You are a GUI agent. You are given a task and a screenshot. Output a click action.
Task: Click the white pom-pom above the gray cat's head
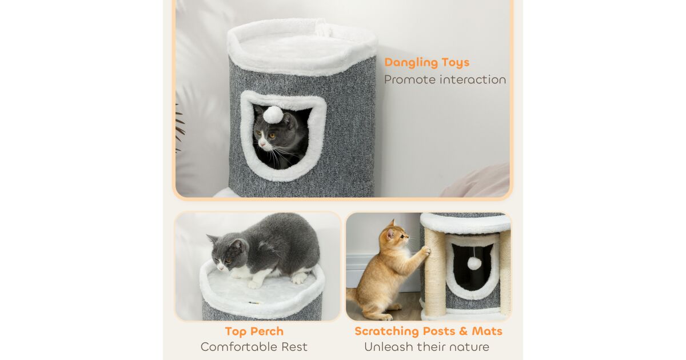(x=273, y=115)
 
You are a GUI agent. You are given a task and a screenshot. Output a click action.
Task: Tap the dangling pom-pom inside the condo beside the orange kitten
(x=474, y=263)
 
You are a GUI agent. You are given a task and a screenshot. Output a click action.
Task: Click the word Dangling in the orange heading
(x=406, y=62)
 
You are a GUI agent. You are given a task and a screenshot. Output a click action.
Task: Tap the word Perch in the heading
(x=267, y=331)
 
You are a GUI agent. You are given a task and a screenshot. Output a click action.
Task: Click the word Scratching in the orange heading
(x=387, y=331)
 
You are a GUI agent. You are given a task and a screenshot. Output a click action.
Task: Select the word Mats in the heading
(x=487, y=331)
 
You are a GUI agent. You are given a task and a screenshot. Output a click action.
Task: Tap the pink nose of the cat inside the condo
(x=262, y=143)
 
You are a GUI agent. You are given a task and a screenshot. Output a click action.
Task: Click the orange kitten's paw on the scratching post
(x=425, y=251)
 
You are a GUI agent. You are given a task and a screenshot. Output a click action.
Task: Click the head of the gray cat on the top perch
(x=228, y=250)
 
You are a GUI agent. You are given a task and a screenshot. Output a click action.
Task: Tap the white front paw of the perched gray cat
(x=254, y=285)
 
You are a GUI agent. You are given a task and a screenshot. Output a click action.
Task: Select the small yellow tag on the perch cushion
(x=254, y=303)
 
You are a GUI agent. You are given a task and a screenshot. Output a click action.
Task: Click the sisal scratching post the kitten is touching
(x=435, y=272)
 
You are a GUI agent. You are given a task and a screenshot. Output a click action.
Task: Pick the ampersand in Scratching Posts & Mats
(x=463, y=331)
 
